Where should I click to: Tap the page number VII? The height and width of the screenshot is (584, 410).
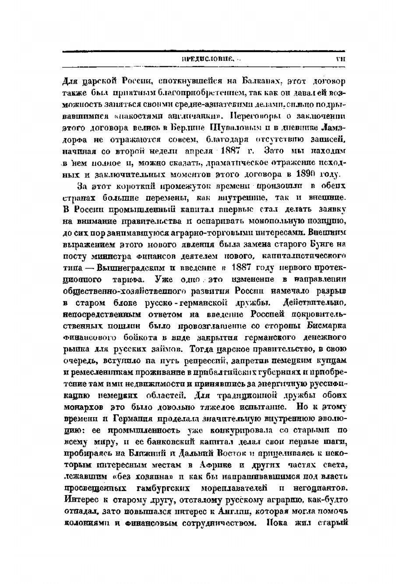point(340,58)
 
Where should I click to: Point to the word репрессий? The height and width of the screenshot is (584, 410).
point(205,361)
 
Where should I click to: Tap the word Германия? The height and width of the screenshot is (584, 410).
point(134,418)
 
